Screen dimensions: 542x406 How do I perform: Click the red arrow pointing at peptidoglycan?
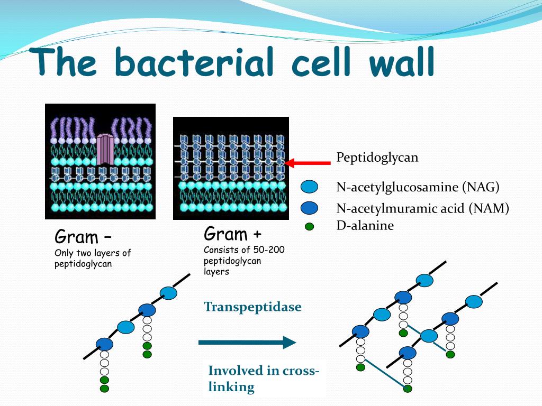click(308, 163)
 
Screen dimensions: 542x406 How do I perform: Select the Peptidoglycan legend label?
click(377, 158)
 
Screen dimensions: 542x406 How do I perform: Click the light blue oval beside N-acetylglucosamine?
click(309, 187)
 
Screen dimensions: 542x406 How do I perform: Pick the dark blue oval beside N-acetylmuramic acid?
click(309, 208)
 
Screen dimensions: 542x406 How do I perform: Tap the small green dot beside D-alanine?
click(310, 227)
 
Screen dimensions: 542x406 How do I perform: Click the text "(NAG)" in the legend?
click(481, 187)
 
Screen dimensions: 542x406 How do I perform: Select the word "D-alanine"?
click(365, 226)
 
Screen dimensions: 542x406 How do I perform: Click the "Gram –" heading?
click(83, 236)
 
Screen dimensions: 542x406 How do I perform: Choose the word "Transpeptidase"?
click(252, 307)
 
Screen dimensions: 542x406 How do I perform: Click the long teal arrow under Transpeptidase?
click(247, 343)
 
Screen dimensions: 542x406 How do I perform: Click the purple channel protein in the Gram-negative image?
click(105, 149)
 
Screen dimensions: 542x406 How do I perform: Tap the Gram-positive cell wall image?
click(231, 168)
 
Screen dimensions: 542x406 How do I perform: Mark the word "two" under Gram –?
click(86, 253)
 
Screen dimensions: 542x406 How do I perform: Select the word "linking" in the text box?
click(231, 387)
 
